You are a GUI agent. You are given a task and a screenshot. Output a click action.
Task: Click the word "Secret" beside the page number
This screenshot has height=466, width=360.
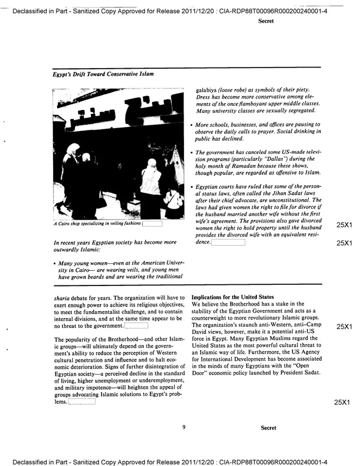[x=269, y=428]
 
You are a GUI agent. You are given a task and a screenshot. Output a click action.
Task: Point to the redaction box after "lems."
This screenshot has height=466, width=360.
[x=82, y=402]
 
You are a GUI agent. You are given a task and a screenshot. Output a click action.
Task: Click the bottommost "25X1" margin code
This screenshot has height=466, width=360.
[x=344, y=403]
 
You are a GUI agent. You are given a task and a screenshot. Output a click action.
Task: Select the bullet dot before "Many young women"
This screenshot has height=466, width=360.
[x=54, y=263]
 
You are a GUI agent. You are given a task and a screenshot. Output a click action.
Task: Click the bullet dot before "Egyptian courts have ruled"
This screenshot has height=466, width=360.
[x=192, y=186]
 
